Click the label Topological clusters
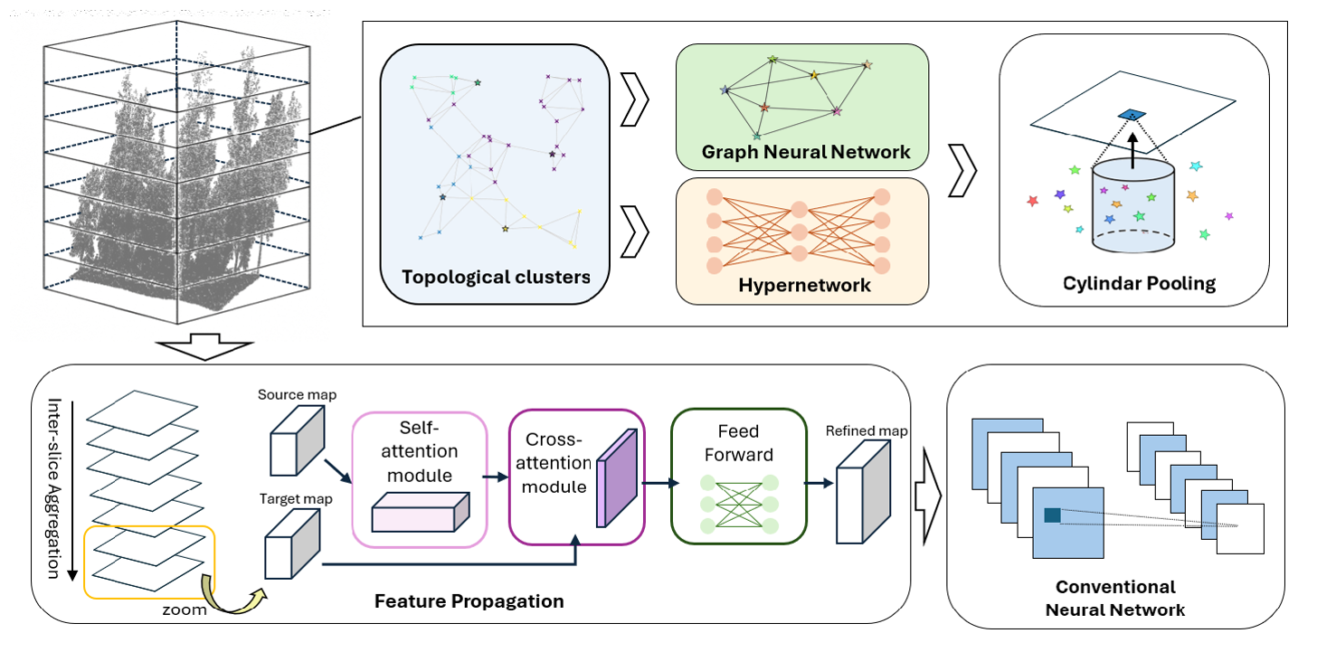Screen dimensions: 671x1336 pos(495,277)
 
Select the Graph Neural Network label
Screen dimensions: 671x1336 pos(806,152)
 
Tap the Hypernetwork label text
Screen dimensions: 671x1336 pos(804,286)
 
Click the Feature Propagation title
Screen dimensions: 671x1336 pos(469,600)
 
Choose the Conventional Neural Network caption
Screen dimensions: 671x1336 pos(1114,599)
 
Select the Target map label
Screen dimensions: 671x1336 pos(295,498)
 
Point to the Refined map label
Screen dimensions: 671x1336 pos(867,430)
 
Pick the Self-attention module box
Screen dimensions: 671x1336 pos(420,478)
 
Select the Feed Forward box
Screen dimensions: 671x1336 pos(738,477)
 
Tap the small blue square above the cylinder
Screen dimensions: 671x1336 pos(1131,114)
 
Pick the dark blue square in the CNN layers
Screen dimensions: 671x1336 pos(1052,515)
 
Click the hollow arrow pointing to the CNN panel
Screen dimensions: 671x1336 pos(928,497)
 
